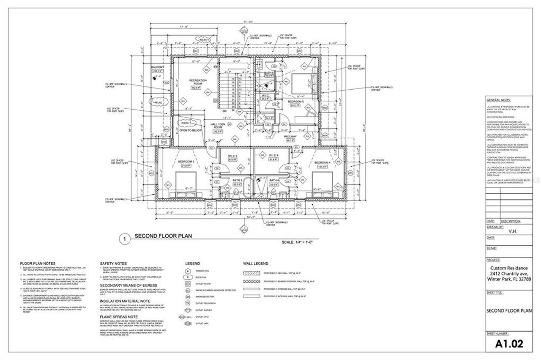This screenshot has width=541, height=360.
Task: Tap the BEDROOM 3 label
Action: click(186, 162)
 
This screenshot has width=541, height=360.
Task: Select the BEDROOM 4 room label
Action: click(322, 162)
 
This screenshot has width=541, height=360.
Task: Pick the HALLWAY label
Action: click(290, 137)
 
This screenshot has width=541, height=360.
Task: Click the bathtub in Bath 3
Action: click(248, 189)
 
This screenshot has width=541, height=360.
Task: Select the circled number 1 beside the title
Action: click(124, 239)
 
